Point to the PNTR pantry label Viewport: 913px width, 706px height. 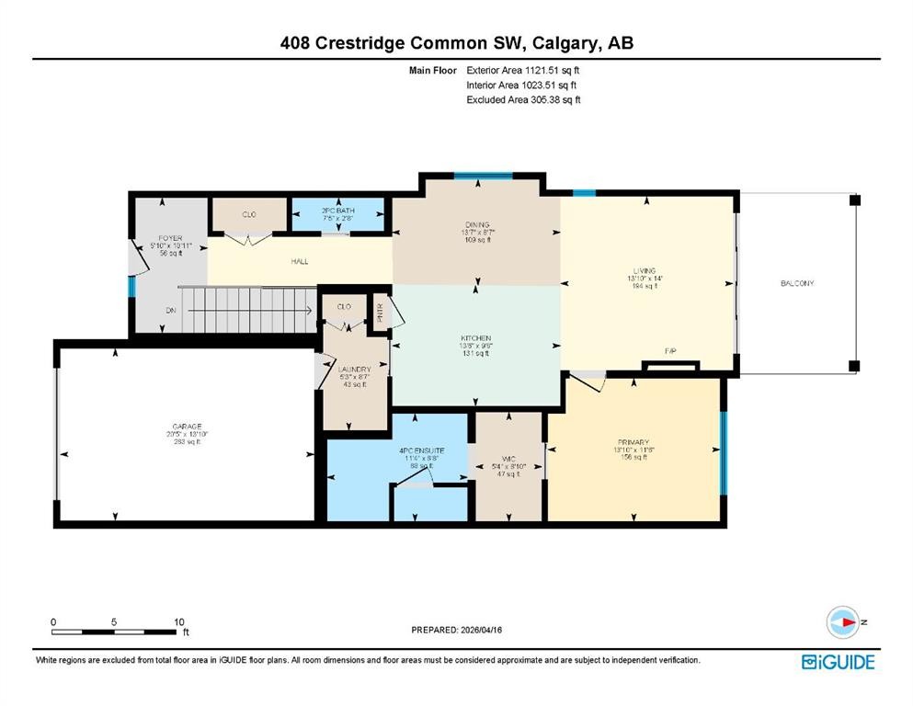379,309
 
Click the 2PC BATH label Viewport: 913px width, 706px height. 337,211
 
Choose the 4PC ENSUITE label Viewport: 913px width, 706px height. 422,450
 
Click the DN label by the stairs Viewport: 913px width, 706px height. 171,311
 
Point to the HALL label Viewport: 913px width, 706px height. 300,261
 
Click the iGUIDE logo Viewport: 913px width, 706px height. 838,662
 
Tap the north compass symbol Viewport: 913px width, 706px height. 843,622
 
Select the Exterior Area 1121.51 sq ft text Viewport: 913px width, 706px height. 523,70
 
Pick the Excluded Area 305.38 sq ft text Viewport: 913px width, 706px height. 523,99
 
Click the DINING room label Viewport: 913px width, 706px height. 476,224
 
